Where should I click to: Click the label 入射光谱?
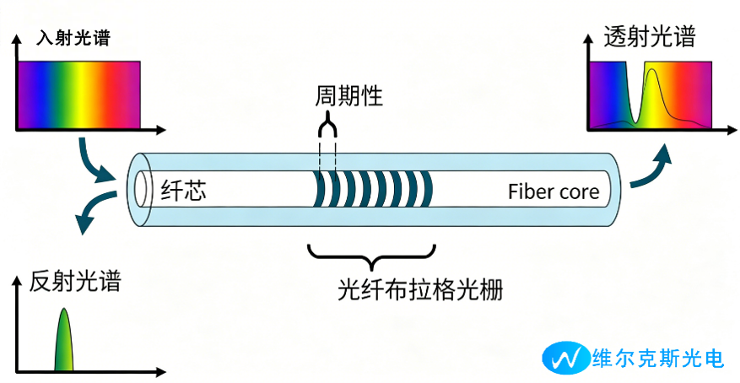pos(73,38)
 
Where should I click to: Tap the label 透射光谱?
pos(650,37)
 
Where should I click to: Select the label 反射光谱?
pos(75,282)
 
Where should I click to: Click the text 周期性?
pos(348,96)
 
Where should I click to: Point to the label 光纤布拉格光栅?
pos(420,289)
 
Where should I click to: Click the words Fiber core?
pos(554,192)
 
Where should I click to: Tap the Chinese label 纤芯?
pos(184,191)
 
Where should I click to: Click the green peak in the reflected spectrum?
pos(64,340)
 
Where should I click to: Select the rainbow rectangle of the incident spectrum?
pos(79,95)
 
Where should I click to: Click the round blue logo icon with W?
pos(566,358)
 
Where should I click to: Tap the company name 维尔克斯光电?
pos(659,359)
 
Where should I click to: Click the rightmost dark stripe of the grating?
pos(427,189)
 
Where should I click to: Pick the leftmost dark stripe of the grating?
pos(320,189)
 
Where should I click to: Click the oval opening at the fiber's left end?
pos(141,189)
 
